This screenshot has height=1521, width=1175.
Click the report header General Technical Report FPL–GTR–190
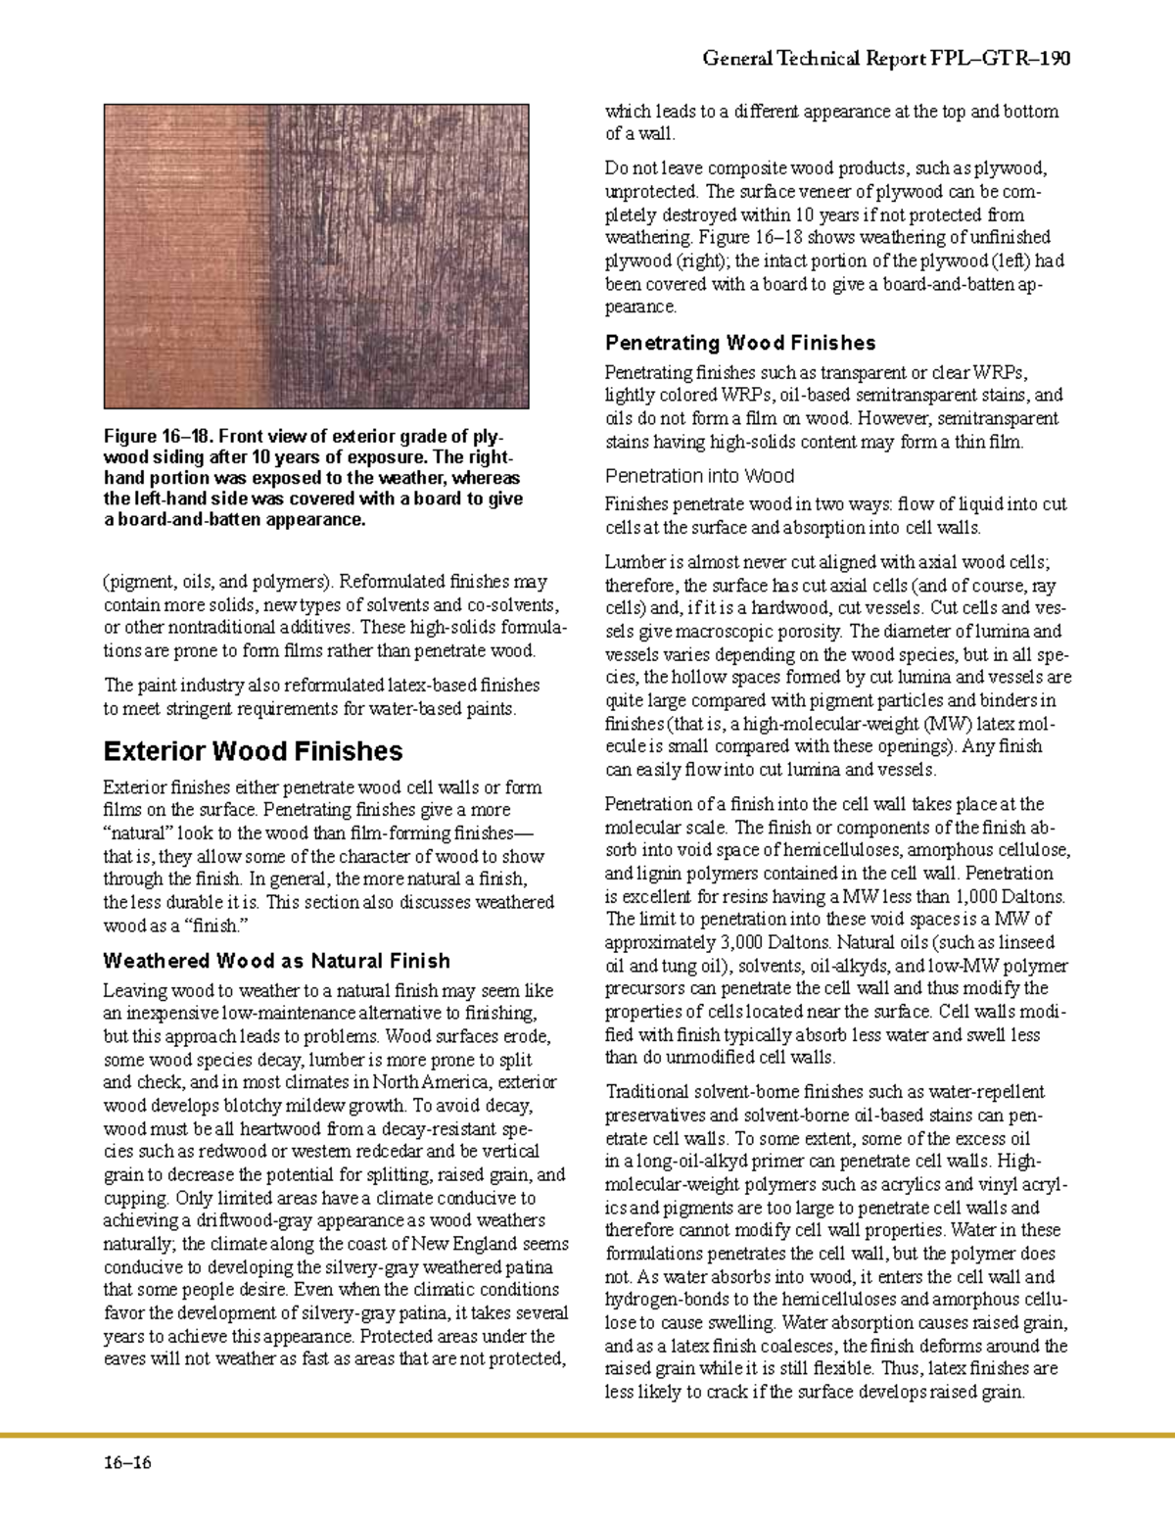point(886,59)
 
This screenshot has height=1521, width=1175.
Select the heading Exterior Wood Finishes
point(253,751)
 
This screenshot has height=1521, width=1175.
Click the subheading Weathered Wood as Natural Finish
point(276,961)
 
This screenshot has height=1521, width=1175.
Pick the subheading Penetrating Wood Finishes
point(740,343)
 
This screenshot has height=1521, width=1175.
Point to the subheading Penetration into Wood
point(699,476)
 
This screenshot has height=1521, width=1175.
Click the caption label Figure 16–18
point(156,437)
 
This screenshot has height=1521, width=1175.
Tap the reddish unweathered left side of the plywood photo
point(186,255)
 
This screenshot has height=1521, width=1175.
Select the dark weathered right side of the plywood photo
point(401,255)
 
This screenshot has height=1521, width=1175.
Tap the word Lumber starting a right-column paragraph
point(634,562)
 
